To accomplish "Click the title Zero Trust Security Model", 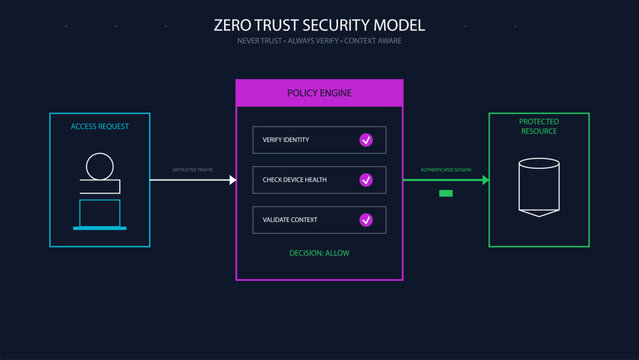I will (x=320, y=24).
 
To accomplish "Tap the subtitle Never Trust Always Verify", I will (x=320, y=41).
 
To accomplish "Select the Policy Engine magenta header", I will (x=319, y=93).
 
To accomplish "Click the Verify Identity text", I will (x=286, y=140).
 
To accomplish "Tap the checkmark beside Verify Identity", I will (x=366, y=140).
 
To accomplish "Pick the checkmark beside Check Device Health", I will (x=366, y=180).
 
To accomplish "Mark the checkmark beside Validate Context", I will (x=366, y=219).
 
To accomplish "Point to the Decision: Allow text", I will (x=319, y=253).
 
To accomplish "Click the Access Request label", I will (x=100, y=127).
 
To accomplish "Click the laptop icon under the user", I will (x=100, y=215).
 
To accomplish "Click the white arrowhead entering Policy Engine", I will (x=231, y=180).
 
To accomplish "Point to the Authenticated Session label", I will (x=445, y=170).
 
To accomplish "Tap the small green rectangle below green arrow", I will (x=447, y=193).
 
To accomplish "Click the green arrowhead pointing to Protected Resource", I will (x=485, y=180).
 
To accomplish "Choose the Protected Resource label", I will (x=538, y=126).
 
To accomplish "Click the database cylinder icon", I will (x=538, y=187).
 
